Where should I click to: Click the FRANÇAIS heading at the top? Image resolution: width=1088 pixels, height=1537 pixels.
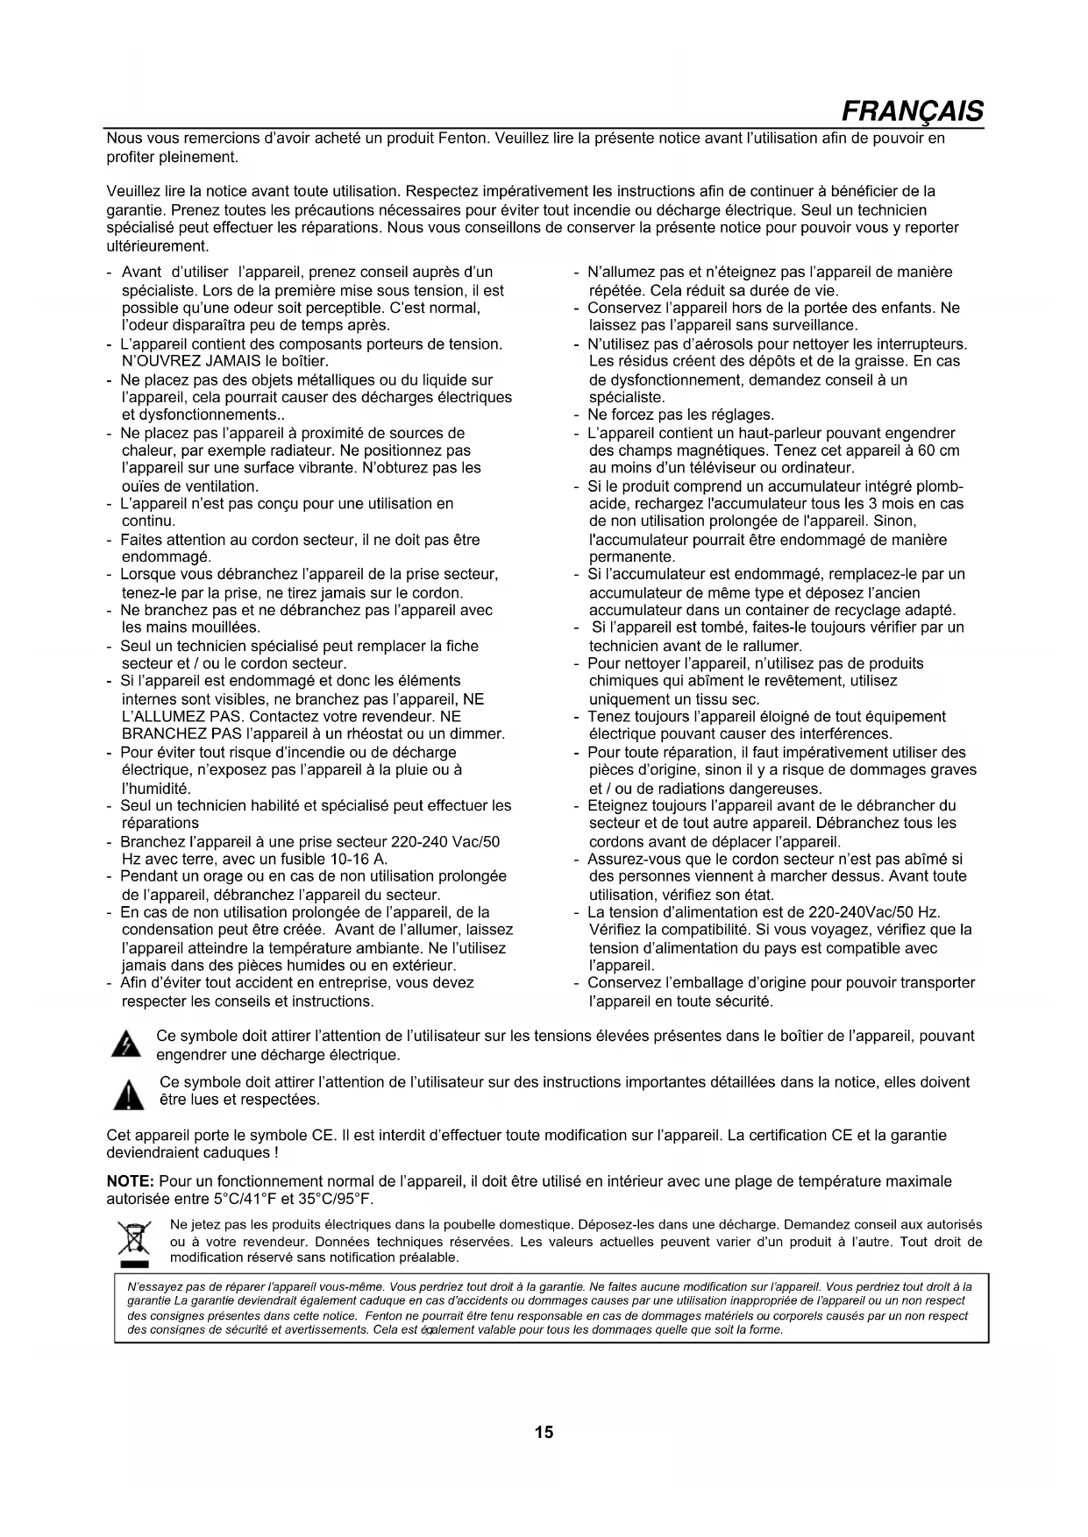(912, 111)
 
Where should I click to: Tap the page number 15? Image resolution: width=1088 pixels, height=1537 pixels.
(544, 1432)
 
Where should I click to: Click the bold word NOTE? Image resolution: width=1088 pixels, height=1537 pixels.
(130, 1181)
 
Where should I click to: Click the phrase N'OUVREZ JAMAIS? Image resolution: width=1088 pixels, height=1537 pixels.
(190, 361)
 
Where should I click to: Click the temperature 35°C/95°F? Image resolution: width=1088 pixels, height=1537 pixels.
(334, 1199)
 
